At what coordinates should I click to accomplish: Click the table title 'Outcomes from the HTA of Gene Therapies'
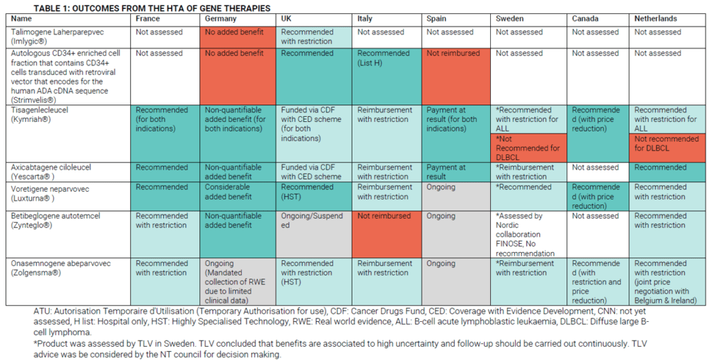[x=138, y=8]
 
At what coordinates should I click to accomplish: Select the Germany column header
[x=221, y=19]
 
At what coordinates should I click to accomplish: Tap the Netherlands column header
[x=655, y=19]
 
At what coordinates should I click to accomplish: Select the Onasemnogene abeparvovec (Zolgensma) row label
[x=55, y=268]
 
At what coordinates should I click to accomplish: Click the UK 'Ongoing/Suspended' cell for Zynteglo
[x=312, y=221]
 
